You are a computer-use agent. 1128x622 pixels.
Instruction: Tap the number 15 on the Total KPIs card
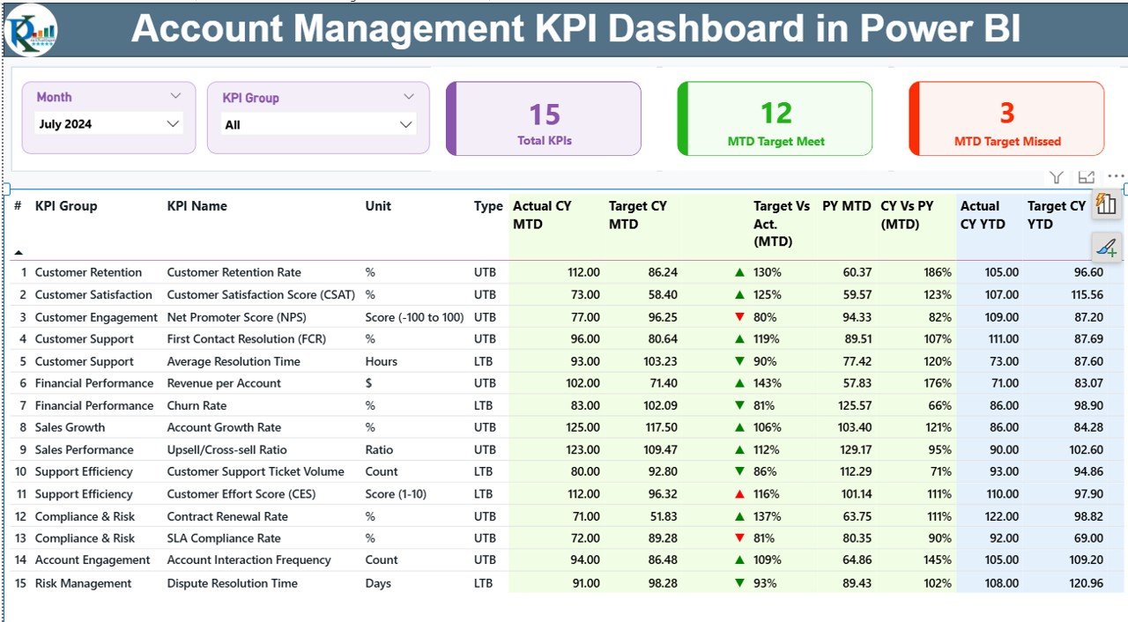pyautogui.click(x=545, y=115)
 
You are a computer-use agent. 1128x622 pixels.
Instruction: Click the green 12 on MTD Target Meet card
pyautogui.click(x=776, y=114)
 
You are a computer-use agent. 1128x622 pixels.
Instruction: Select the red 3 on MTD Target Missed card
pyautogui.click(x=1006, y=113)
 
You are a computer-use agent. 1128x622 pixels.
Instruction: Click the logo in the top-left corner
pyautogui.click(x=31, y=30)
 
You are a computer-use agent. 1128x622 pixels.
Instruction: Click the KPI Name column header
pyautogui.click(x=197, y=206)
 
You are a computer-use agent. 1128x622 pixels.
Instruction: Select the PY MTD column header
pyautogui.click(x=846, y=206)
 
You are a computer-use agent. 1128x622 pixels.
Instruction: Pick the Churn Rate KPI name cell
pyautogui.click(x=197, y=405)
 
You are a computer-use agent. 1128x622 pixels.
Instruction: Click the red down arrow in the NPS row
pyautogui.click(x=740, y=317)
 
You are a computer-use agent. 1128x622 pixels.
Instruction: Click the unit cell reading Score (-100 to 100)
pyautogui.click(x=414, y=317)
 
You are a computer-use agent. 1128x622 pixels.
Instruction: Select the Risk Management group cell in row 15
pyautogui.click(x=83, y=583)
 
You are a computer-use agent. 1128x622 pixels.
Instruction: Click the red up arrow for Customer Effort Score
pyautogui.click(x=740, y=494)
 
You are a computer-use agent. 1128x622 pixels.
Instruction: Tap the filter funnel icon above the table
pyautogui.click(x=1057, y=178)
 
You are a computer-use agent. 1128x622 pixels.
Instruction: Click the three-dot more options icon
pyautogui.click(x=1116, y=178)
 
